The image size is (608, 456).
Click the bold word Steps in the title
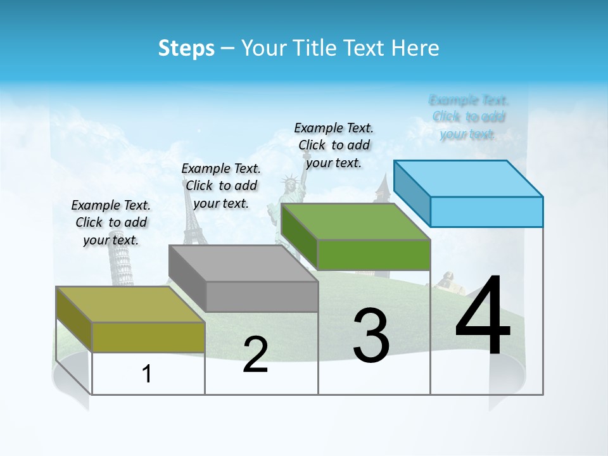click(186, 48)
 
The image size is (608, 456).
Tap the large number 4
click(483, 317)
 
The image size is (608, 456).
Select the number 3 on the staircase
click(371, 336)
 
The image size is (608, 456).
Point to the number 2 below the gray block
click(255, 355)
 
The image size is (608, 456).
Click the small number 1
click(147, 374)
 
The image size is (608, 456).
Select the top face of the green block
click(355, 222)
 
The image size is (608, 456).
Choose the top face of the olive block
click(129, 304)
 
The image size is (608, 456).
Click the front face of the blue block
click(486, 212)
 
